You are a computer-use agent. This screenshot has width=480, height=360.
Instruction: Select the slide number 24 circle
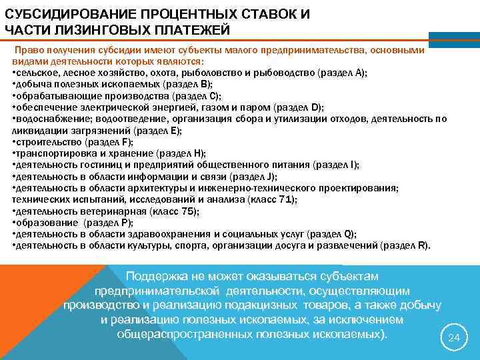(x=453, y=338)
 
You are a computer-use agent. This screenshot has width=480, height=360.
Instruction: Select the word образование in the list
(x=41, y=223)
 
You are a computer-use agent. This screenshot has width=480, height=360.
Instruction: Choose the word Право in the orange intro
(x=30, y=50)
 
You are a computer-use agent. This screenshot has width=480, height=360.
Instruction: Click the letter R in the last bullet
(x=424, y=246)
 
